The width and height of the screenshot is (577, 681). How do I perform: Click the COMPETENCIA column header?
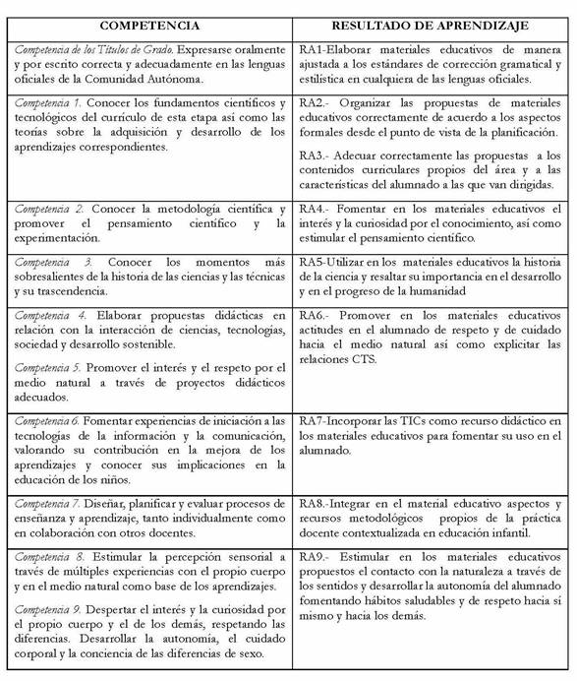tap(149, 24)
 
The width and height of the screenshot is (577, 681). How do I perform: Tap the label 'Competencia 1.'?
tap(47, 103)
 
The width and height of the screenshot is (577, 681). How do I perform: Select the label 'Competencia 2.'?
tap(47, 210)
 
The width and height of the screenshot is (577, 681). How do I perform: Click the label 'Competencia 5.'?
tap(47, 368)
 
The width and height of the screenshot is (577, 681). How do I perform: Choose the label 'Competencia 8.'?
tap(47, 556)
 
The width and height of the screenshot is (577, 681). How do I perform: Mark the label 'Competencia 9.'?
tap(47, 608)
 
